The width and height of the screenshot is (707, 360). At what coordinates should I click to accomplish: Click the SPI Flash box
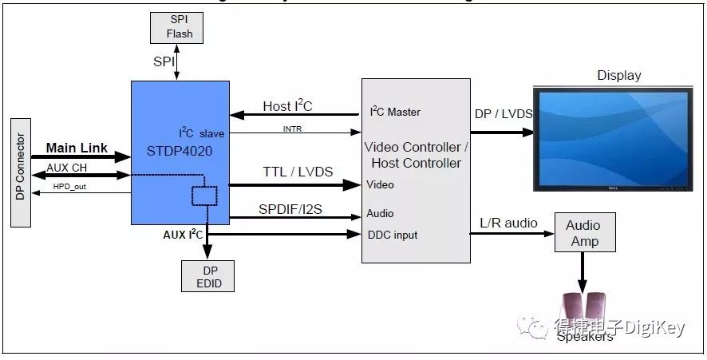(x=176, y=27)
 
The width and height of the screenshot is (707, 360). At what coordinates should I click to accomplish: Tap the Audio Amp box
(x=583, y=233)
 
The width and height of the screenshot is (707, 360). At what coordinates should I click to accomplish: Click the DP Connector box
(x=22, y=172)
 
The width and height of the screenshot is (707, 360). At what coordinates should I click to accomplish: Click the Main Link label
(x=77, y=148)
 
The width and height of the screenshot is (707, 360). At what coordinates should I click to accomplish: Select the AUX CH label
(x=64, y=167)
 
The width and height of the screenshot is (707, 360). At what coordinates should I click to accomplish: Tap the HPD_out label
(x=71, y=187)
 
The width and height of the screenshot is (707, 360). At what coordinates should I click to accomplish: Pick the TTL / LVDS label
(x=298, y=172)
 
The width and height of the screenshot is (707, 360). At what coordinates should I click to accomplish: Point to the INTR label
(x=292, y=129)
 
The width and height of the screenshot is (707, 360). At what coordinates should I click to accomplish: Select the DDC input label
(x=392, y=235)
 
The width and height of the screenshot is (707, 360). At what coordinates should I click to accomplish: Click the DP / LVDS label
(x=503, y=115)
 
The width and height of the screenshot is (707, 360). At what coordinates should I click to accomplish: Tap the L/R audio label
(x=509, y=223)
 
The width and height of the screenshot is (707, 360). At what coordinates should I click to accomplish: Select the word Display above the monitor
(x=619, y=76)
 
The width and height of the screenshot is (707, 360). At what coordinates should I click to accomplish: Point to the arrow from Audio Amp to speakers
(x=583, y=273)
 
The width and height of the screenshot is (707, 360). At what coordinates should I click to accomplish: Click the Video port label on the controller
(x=380, y=184)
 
